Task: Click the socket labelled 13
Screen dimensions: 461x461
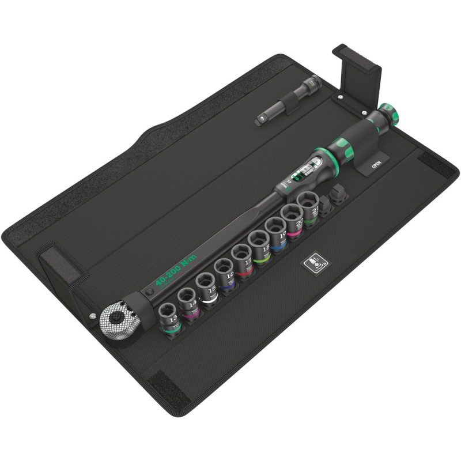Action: click(169, 316)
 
